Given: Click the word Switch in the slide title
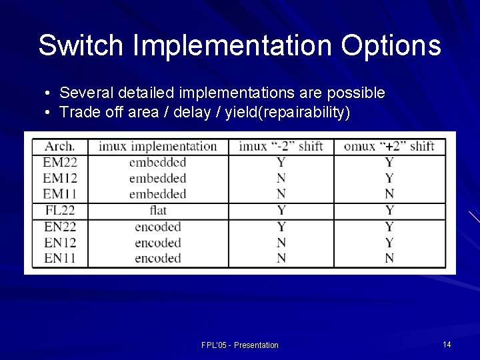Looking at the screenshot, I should click(81, 45).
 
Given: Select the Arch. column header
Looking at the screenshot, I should click(60, 146).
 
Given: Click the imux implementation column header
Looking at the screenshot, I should click(157, 146).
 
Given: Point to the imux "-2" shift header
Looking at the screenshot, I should click(281, 146).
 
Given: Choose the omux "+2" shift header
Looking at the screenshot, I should click(389, 146).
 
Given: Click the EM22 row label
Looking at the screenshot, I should click(59, 162).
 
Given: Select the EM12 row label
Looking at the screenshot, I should click(59, 178).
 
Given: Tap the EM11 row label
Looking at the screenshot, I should click(59, 194).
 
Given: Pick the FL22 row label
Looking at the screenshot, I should click(59, 211).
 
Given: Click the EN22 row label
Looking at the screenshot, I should click(59, 227).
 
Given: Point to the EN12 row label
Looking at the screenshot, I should click(59, 243).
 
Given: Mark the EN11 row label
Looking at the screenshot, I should click(59, 258).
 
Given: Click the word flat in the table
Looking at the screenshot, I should click(158, 211).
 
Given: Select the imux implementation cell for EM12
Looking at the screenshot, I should click(158, 178).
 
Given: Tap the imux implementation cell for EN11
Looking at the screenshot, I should click(158, 258).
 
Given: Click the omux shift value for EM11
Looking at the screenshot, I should click(389, 194).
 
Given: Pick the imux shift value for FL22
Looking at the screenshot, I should click(281, 211).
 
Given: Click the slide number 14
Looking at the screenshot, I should click(447, 344).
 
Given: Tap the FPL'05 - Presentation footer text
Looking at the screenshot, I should click(240, 345).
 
